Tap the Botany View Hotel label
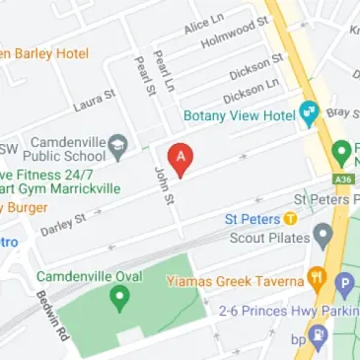pyautogui.click(x=240, y=115)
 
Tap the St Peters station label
pyautogui.click(x=252, y=219)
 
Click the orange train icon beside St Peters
pyautogui.click(x=290, y=219)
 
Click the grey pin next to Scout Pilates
pyautogui.click(x=322, y=235)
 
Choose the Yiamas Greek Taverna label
pyautogui.click(x=243, y=281)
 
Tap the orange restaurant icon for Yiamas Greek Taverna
pyautogui.click(x=317, y=279)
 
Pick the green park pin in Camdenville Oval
pyautogui.click(x=120, y=295)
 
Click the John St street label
pyautogui.click(x=165, y=187)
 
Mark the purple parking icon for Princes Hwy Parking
pyautogui.click(x=345, y=285)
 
